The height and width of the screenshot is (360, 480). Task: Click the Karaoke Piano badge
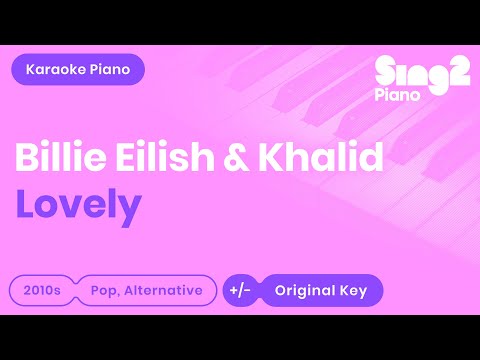pos(78,69)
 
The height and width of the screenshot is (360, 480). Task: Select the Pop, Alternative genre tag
pos(146,291)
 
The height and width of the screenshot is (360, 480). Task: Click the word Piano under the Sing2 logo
pos(399,93)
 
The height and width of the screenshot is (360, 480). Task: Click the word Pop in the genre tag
pos(103,291)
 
